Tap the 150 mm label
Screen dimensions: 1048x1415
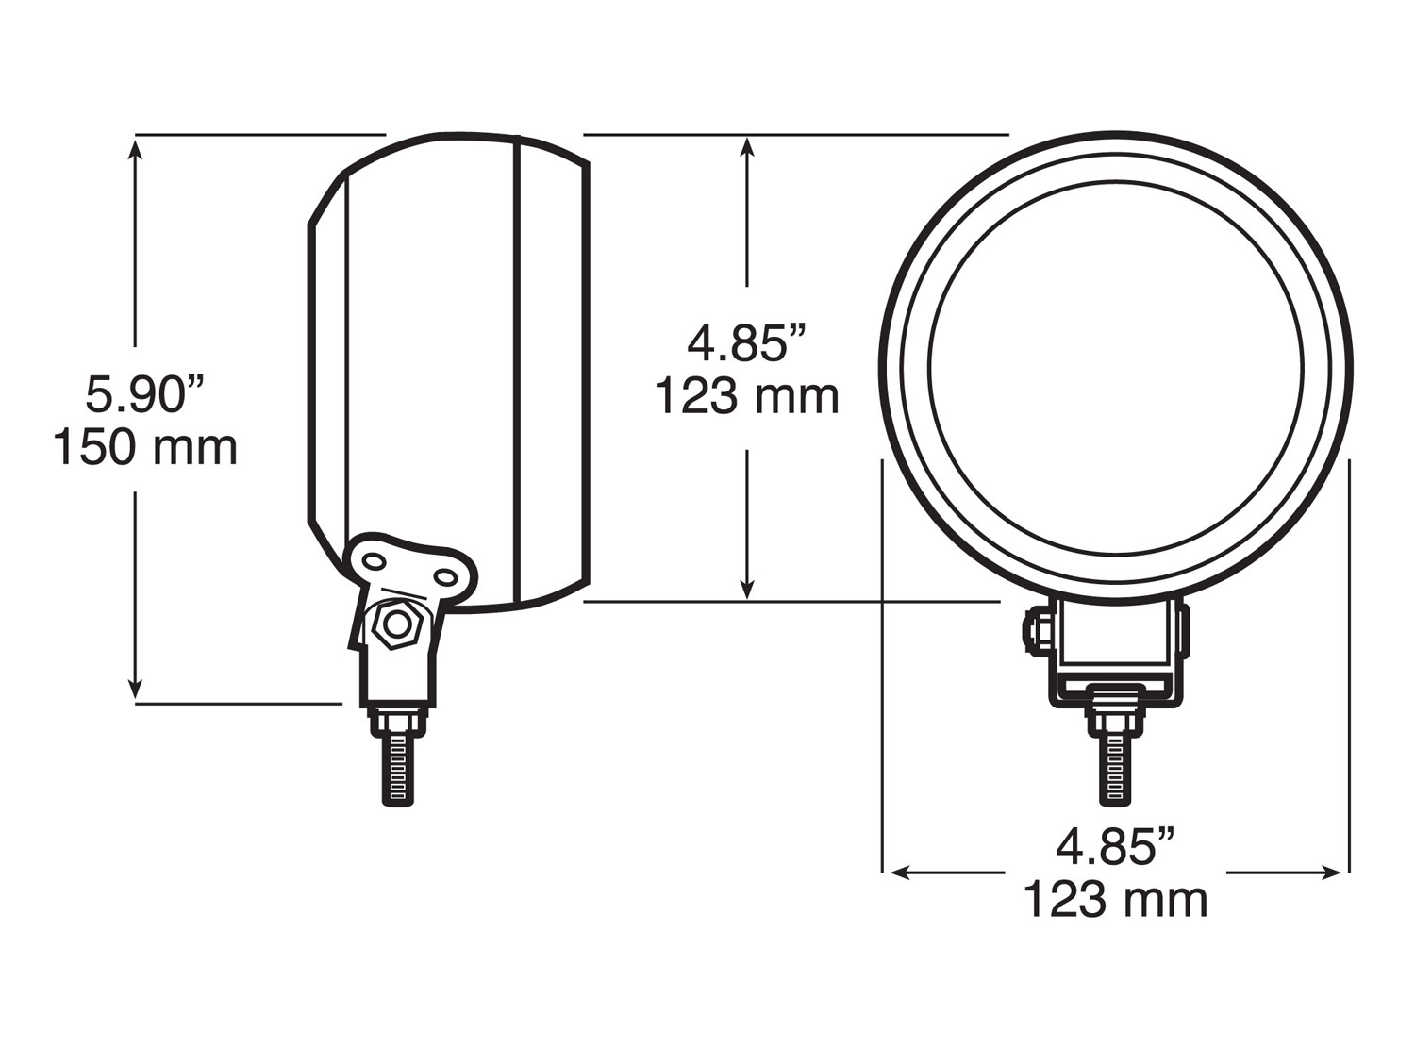144,447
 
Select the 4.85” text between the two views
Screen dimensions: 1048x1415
747,342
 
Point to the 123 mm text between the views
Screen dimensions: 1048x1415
747,396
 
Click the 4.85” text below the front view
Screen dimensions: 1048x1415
1116,846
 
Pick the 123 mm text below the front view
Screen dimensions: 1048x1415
1116,899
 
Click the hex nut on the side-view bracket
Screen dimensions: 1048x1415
397,624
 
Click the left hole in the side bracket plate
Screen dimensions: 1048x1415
375,562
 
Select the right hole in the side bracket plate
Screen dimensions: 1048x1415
444,576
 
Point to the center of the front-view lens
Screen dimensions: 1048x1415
1116,366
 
